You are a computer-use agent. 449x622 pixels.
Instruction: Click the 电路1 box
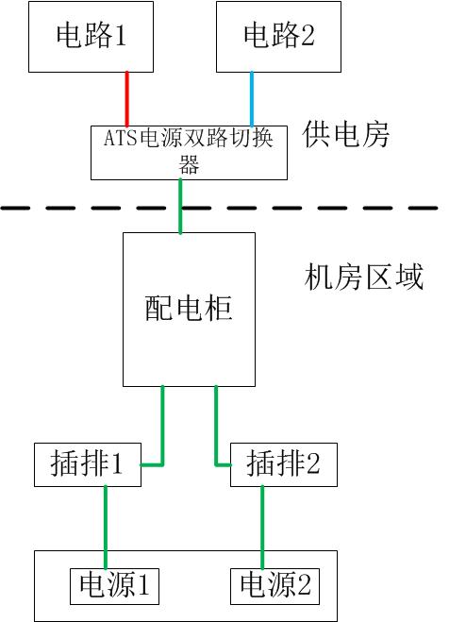click(x=91, y=37)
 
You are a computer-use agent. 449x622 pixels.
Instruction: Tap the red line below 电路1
click(x=127, y=98)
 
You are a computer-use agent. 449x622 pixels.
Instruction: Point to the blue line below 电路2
click(x=252, y=98)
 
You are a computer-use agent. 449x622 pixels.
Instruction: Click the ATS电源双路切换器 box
click(x=189, y=151)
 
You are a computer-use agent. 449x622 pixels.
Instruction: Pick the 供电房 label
click(x=346, y=134)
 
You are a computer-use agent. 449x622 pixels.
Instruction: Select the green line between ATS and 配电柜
click(x=179, y=206)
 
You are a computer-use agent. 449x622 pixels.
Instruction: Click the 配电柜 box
click(x=189, y=309)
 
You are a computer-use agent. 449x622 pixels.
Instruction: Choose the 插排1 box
click(x=86, y=463)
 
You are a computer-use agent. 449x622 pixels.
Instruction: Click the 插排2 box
click(x=284, y=463)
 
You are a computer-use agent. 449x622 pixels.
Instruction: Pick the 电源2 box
click(x=275, y=585)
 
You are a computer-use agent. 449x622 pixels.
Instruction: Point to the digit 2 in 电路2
click(x=308, y=37)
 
